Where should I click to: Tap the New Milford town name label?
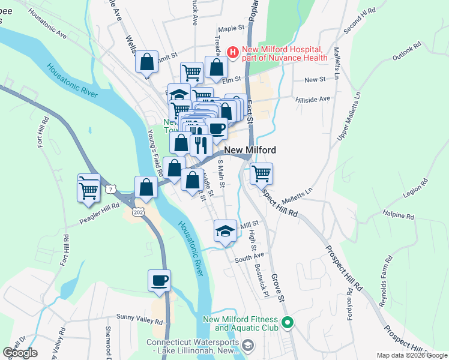(250, 150)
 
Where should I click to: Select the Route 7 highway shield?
(111, 190)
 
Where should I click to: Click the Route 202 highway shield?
(139, 213)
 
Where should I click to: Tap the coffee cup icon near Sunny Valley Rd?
(159, 281)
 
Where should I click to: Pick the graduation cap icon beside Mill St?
(224, 231)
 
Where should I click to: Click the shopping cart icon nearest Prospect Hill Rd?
(261, 174)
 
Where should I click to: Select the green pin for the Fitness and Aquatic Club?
(288, 323)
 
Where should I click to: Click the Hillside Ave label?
(313, 98)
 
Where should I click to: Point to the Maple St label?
(233, 28)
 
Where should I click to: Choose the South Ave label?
(250, 259)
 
